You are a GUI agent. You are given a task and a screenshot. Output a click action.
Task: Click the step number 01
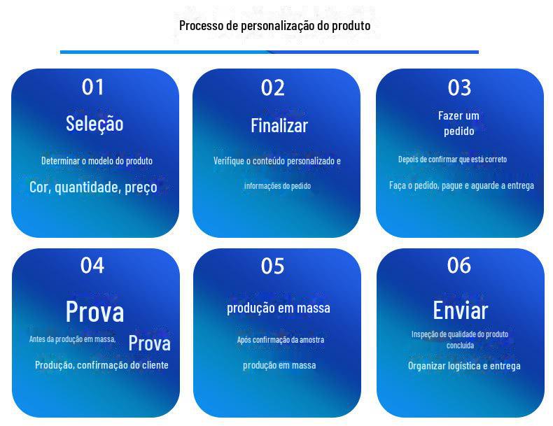click(93, 87)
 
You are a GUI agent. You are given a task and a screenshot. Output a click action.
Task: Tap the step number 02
click(272, 87)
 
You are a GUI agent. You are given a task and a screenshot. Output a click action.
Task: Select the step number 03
click(459, 87)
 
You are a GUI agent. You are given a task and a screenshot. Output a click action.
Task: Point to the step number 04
click(92, 265)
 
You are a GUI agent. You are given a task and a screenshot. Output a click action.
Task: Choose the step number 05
click(272, 266)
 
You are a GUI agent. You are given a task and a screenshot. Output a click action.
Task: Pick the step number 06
click(458, 265)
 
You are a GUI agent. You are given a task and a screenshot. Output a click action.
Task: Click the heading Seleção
click(94, 124)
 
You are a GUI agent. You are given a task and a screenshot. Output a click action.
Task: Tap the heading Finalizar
click(279, 125)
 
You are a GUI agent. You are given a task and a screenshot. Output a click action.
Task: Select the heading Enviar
click(460, 311)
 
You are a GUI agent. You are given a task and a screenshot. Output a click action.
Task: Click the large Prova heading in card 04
click(95, 311)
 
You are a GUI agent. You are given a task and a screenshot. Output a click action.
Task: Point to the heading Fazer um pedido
click(458, 123)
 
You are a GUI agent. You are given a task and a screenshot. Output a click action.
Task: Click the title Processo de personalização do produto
click(274, 25)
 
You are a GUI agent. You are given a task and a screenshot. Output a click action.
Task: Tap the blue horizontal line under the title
click(269, 52)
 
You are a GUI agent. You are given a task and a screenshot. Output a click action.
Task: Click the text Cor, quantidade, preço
click(94, 187)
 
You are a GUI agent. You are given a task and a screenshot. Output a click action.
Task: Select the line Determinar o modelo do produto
click(97, 161)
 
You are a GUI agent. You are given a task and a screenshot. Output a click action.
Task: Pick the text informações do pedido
click(278, 185)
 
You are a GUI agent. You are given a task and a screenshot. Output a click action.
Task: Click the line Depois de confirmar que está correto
click(452, 159)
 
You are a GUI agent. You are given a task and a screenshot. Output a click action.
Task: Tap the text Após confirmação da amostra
click(281, 340)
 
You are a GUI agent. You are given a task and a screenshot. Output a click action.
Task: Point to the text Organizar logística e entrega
click(464, 366)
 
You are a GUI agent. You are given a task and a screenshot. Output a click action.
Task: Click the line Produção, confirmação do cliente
click(101, 365)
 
